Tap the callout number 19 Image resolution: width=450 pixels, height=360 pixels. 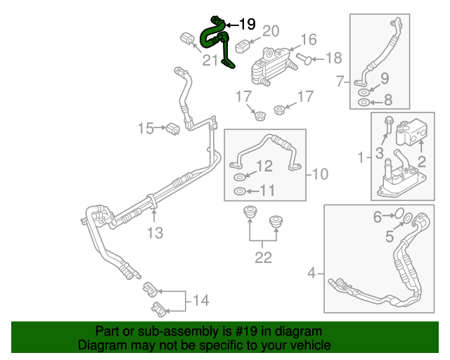pyautogui.click(x=246, y=25)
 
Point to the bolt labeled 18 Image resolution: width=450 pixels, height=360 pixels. pyautogui.click(x=304, y=58)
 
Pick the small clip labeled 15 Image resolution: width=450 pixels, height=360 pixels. pyautogui.click(x=173, y=128)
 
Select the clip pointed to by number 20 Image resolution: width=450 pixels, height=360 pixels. pyautogui.click(x=243, y=48)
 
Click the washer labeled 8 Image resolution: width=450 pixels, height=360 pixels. pyautogui.click(x=363, y=103)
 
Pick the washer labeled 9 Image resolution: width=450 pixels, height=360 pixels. pyautogui.click(x=363, y=91)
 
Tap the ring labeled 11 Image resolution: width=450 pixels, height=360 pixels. pyautogui.click(x=239, y=191)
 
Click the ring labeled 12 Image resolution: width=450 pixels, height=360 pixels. pyautogui.click(x=239, y=176)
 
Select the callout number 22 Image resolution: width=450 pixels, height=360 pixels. pyautogui.click(x=263, y=258)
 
